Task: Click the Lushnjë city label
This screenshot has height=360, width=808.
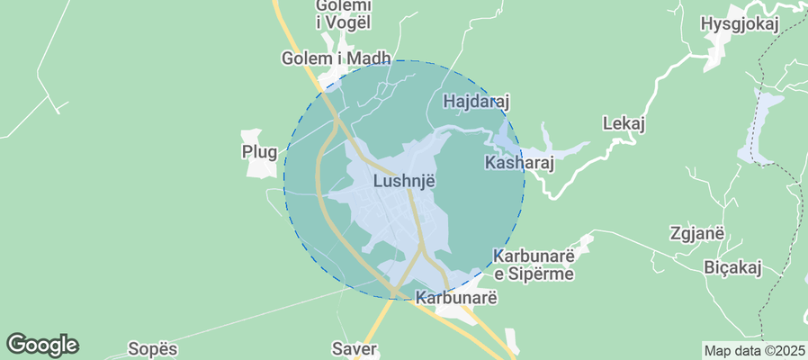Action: [x=404, y=181]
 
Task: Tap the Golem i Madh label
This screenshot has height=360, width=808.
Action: [x=336, y=58]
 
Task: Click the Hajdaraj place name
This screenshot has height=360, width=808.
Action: [x=478, y=102]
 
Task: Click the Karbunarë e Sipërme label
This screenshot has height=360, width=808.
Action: [x=533, y=265]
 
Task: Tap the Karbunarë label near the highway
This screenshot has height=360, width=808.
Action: [x=456, y=296]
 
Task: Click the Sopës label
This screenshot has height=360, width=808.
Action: [x=153, y=348]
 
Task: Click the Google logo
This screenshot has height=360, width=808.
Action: [x=42, y=345]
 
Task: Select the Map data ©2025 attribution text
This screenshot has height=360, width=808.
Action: [x=754, y=350]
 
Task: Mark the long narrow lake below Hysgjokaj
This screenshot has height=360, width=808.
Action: [x=758, y=127]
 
